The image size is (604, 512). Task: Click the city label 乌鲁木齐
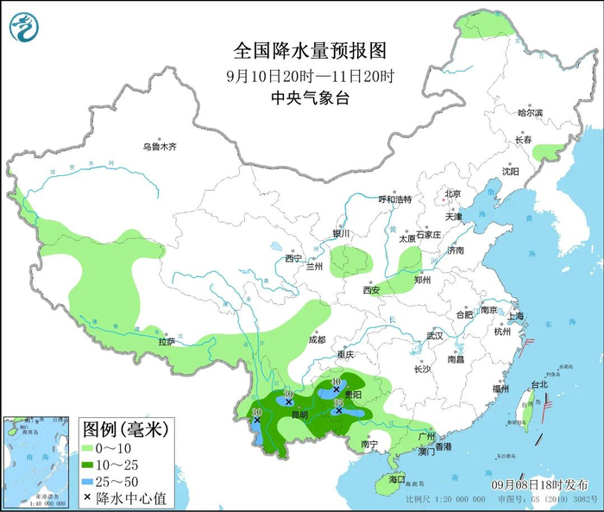pyautogui.click(x=160, y=148)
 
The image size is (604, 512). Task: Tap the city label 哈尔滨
pyautogui.click(x=531, y=113)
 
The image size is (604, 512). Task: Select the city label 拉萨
pyautogui.click(x=166, y=342)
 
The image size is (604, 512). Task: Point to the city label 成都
pyautogui.click(x=316, y=339)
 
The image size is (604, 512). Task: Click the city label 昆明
pyautogui.click(x=299, y=414)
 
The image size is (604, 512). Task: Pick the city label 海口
pyautogui.click(x=396, y=478)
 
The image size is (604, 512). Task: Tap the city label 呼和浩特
pyautogui.click(x=396, y=199)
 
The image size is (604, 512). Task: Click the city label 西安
pyautogui.click(x=371, y=290)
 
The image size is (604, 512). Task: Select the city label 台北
pyautogui.click(x=538, y=383)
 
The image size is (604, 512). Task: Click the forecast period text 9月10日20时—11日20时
pyautogui.click(x=301, y=74)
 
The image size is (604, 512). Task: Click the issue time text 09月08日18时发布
pyautogui.click(x=548, y=484)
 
